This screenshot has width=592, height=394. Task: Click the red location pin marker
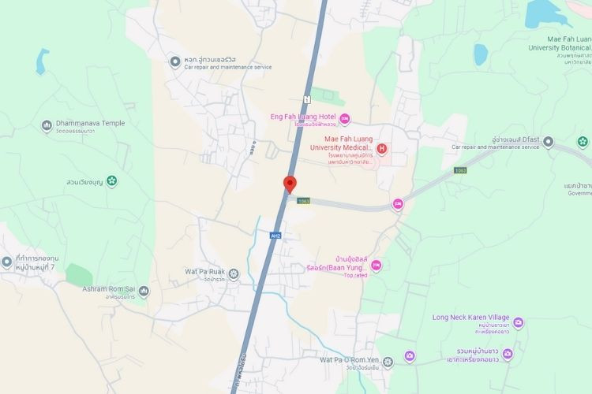[x=289, y=184]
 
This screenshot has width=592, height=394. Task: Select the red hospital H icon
[x=383, y=148]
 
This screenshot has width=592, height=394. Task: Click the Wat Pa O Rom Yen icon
[x=410, y=356]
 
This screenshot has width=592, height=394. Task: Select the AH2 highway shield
[x=275, y=236]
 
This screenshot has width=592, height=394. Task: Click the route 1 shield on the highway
[x=306, y=98]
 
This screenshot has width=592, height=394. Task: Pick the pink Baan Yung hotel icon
[x=376, y=266]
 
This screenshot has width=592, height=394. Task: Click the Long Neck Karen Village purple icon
[x=518, y=322]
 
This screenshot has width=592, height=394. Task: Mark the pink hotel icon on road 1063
[x=398, y=205]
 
